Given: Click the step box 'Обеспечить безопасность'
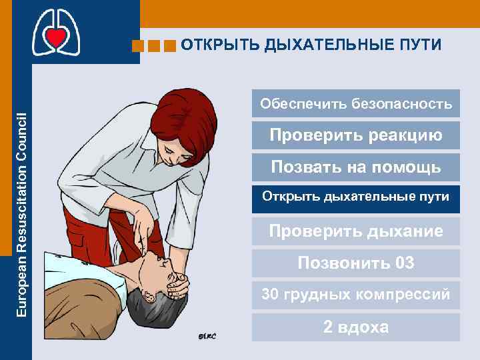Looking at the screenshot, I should [x=356, y=104].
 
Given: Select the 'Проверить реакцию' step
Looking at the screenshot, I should [x=356, y=135].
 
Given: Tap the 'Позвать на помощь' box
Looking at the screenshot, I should [x=356, y=167].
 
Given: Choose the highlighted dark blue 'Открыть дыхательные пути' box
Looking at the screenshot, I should [x=356, y=198].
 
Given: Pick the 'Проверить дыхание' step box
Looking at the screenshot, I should [x=356, y=231].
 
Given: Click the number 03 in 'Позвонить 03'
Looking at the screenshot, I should [x=405, y=263].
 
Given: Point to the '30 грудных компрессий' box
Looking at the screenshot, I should [x=356, y=294].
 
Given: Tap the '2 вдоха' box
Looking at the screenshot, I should [x=356, y=327].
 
